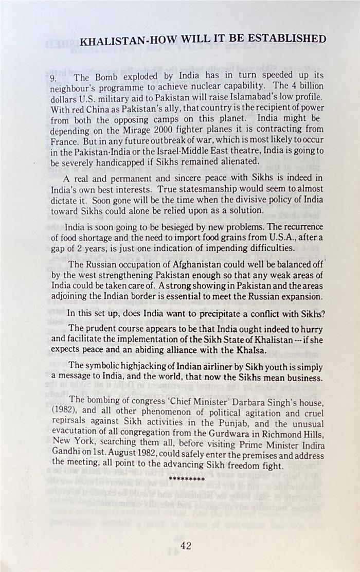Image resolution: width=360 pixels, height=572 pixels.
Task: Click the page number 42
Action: [186, 545]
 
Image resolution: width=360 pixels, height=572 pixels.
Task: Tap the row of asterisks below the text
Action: [187, 479]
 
